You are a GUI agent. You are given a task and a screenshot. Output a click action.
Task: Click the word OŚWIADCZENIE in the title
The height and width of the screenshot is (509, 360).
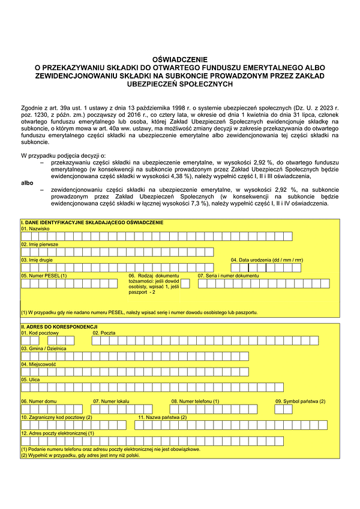180,60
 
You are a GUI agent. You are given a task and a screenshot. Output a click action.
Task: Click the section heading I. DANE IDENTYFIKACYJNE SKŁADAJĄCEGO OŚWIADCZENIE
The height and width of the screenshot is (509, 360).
92,223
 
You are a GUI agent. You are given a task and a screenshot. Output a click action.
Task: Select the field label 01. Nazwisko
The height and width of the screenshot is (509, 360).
35,229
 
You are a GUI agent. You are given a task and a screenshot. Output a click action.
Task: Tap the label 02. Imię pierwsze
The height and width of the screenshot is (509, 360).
41,245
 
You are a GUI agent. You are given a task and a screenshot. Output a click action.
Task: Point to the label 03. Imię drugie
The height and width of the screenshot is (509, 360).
38,260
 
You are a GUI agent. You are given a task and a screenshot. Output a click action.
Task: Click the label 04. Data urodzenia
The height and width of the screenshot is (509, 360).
267,260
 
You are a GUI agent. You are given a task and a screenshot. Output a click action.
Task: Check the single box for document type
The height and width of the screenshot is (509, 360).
185,284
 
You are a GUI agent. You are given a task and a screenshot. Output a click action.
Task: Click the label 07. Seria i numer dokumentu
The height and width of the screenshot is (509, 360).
228,276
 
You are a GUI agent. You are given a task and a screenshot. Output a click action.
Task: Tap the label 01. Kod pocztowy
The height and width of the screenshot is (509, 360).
40,333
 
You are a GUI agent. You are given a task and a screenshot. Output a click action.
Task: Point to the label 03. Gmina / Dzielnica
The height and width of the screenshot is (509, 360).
44,348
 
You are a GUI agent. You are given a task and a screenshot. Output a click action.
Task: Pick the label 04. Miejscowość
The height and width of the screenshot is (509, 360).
38,364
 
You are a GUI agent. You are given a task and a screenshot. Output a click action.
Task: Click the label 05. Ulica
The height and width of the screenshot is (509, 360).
31,380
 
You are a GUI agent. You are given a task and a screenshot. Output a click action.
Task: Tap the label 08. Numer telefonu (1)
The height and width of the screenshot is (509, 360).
195,401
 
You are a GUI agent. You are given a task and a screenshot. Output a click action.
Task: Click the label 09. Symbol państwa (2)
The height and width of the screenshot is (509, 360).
300,401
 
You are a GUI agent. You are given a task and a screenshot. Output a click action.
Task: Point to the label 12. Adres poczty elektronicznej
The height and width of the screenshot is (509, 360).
58,433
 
